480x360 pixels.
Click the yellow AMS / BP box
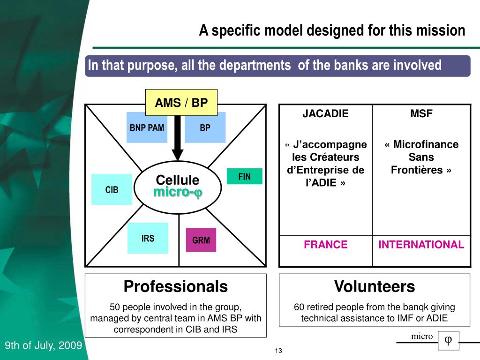coord(181,103)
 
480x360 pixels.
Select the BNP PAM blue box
coord(147,127)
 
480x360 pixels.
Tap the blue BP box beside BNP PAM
coord(205,127)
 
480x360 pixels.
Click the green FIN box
coord(244,176)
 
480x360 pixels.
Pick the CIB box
coord(112,189)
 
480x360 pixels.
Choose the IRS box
coord(148,238)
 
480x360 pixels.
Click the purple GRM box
coord(201,240)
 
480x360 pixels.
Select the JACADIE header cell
coord(325,113)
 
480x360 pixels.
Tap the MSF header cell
coord(421,113)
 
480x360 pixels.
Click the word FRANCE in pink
coord(325,244)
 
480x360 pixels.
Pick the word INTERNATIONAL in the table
coord(421,244)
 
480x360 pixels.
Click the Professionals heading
coord(175,286)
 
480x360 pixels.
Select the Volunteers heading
coord(374,286)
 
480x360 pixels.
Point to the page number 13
coord(278,351)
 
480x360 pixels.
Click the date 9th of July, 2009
coord(43,346)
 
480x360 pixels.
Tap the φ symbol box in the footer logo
coord(448,340)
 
